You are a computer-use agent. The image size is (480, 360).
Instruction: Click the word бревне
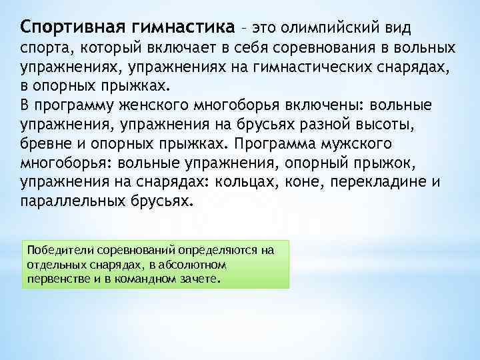(x=45, y=145)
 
